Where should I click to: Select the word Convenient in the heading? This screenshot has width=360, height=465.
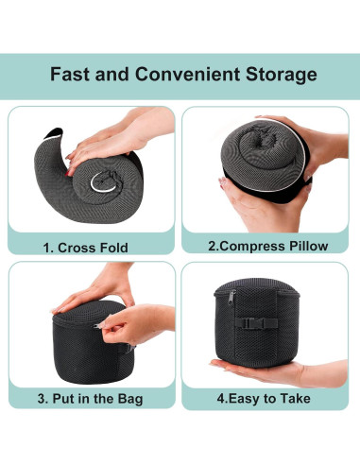pos(187,75)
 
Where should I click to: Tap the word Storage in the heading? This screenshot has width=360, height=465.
pos(282,76)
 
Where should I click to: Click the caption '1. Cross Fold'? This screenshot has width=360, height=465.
pos(85,248)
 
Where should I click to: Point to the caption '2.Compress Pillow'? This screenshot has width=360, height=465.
pos(268,246)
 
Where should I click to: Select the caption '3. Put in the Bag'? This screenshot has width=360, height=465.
pos(90,399)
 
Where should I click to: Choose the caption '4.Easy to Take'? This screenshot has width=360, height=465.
pos(264,399)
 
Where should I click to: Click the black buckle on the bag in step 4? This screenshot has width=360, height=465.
pos(256,322)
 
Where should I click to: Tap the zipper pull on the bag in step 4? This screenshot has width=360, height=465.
pos(231,297)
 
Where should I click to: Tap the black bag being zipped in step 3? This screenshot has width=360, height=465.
pos(90,343)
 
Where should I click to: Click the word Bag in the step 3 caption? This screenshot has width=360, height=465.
pos(130,400)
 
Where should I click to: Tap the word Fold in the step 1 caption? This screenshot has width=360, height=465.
pos(114,248)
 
